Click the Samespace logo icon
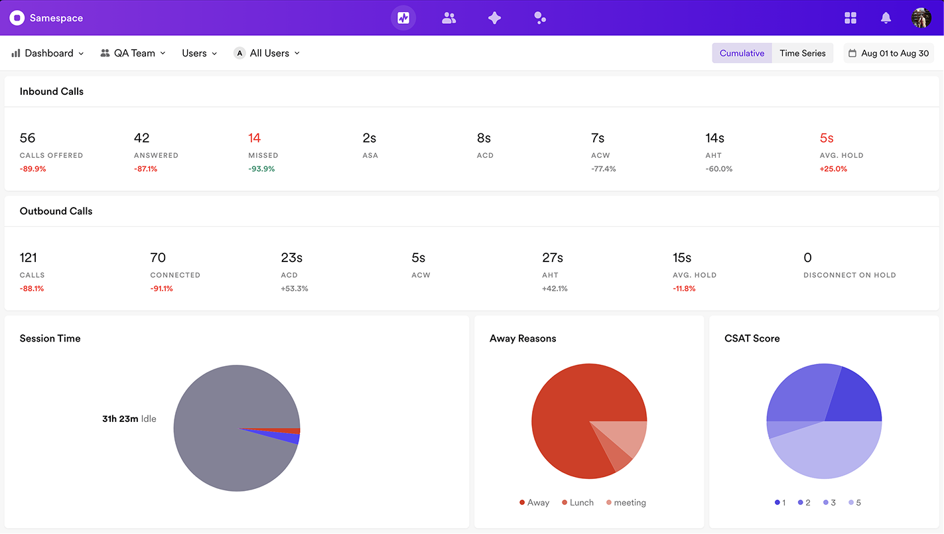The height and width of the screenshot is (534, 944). (17, 18)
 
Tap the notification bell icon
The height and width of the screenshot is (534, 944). (886, 18)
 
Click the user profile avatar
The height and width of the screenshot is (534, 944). (921, 18)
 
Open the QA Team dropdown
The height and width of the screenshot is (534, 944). (133, 53)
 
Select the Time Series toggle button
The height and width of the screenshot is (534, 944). (802, 53)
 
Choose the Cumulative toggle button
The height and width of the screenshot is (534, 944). (742, 53)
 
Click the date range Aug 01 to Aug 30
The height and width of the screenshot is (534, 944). (888, 53)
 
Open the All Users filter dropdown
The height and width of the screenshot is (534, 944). (267, 53)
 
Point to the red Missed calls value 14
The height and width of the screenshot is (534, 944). (255, 138)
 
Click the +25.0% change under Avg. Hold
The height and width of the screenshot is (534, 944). (833, 169)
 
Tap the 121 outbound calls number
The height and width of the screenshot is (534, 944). (28, 257)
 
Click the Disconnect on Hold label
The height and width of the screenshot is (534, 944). (849, 275)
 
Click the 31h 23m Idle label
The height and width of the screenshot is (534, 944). (129, 419)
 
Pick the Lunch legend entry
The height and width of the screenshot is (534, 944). (577, 503)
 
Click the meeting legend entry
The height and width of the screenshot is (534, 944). (626, 503)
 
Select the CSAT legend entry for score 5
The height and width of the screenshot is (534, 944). (854, 503)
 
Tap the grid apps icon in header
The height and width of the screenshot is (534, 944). (850, 18)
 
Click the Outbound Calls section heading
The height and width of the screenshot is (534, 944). (56, 211)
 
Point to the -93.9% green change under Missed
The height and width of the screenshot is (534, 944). (261, 169)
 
